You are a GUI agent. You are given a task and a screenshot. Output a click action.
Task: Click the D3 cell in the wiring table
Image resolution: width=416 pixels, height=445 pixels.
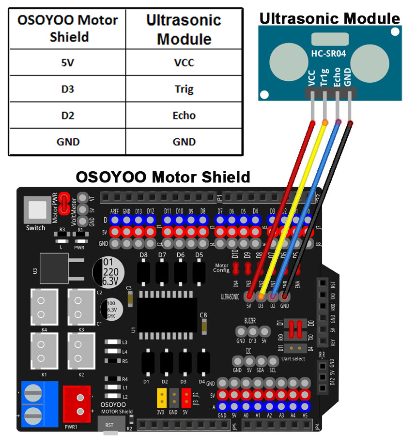point(67,89)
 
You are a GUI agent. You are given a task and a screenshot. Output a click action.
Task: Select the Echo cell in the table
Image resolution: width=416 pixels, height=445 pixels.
point(184,115)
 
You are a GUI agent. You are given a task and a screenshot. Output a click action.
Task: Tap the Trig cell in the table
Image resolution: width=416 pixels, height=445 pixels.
point(184,89)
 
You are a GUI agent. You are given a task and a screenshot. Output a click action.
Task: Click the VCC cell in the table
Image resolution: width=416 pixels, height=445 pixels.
point(184,62)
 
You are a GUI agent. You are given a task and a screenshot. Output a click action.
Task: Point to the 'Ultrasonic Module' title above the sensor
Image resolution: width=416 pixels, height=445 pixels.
point(330,18)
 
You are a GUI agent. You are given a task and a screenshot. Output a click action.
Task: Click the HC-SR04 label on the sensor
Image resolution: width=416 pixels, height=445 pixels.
point(329,54)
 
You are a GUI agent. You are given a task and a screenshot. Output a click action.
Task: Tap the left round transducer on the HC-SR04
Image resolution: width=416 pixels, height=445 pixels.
point(288,63)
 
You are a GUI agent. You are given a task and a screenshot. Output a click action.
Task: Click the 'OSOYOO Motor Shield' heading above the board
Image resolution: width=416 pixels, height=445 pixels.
point(163,177)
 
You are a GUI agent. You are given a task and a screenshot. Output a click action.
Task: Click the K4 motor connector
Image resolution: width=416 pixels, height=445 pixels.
point(44,307)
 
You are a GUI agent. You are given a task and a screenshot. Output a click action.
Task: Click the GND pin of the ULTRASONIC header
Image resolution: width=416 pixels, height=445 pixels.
point(285,296)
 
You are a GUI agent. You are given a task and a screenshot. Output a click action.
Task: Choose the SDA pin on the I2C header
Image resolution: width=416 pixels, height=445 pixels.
point(261,361)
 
